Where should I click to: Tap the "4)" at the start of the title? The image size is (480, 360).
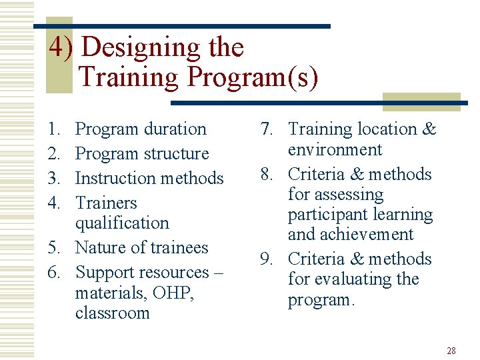point(62,48)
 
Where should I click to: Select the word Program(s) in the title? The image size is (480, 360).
point(252,77)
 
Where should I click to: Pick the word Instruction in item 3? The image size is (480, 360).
point(109,178)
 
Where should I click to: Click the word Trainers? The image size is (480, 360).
point(106,203)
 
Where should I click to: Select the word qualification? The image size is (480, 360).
point(122,223)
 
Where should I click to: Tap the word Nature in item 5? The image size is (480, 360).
point(100,247)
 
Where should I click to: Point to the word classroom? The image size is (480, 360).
point(113,313)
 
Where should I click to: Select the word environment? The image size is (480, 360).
point(335,149)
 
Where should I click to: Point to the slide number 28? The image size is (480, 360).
point(451,351)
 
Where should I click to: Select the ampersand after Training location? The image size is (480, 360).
point(429,129)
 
